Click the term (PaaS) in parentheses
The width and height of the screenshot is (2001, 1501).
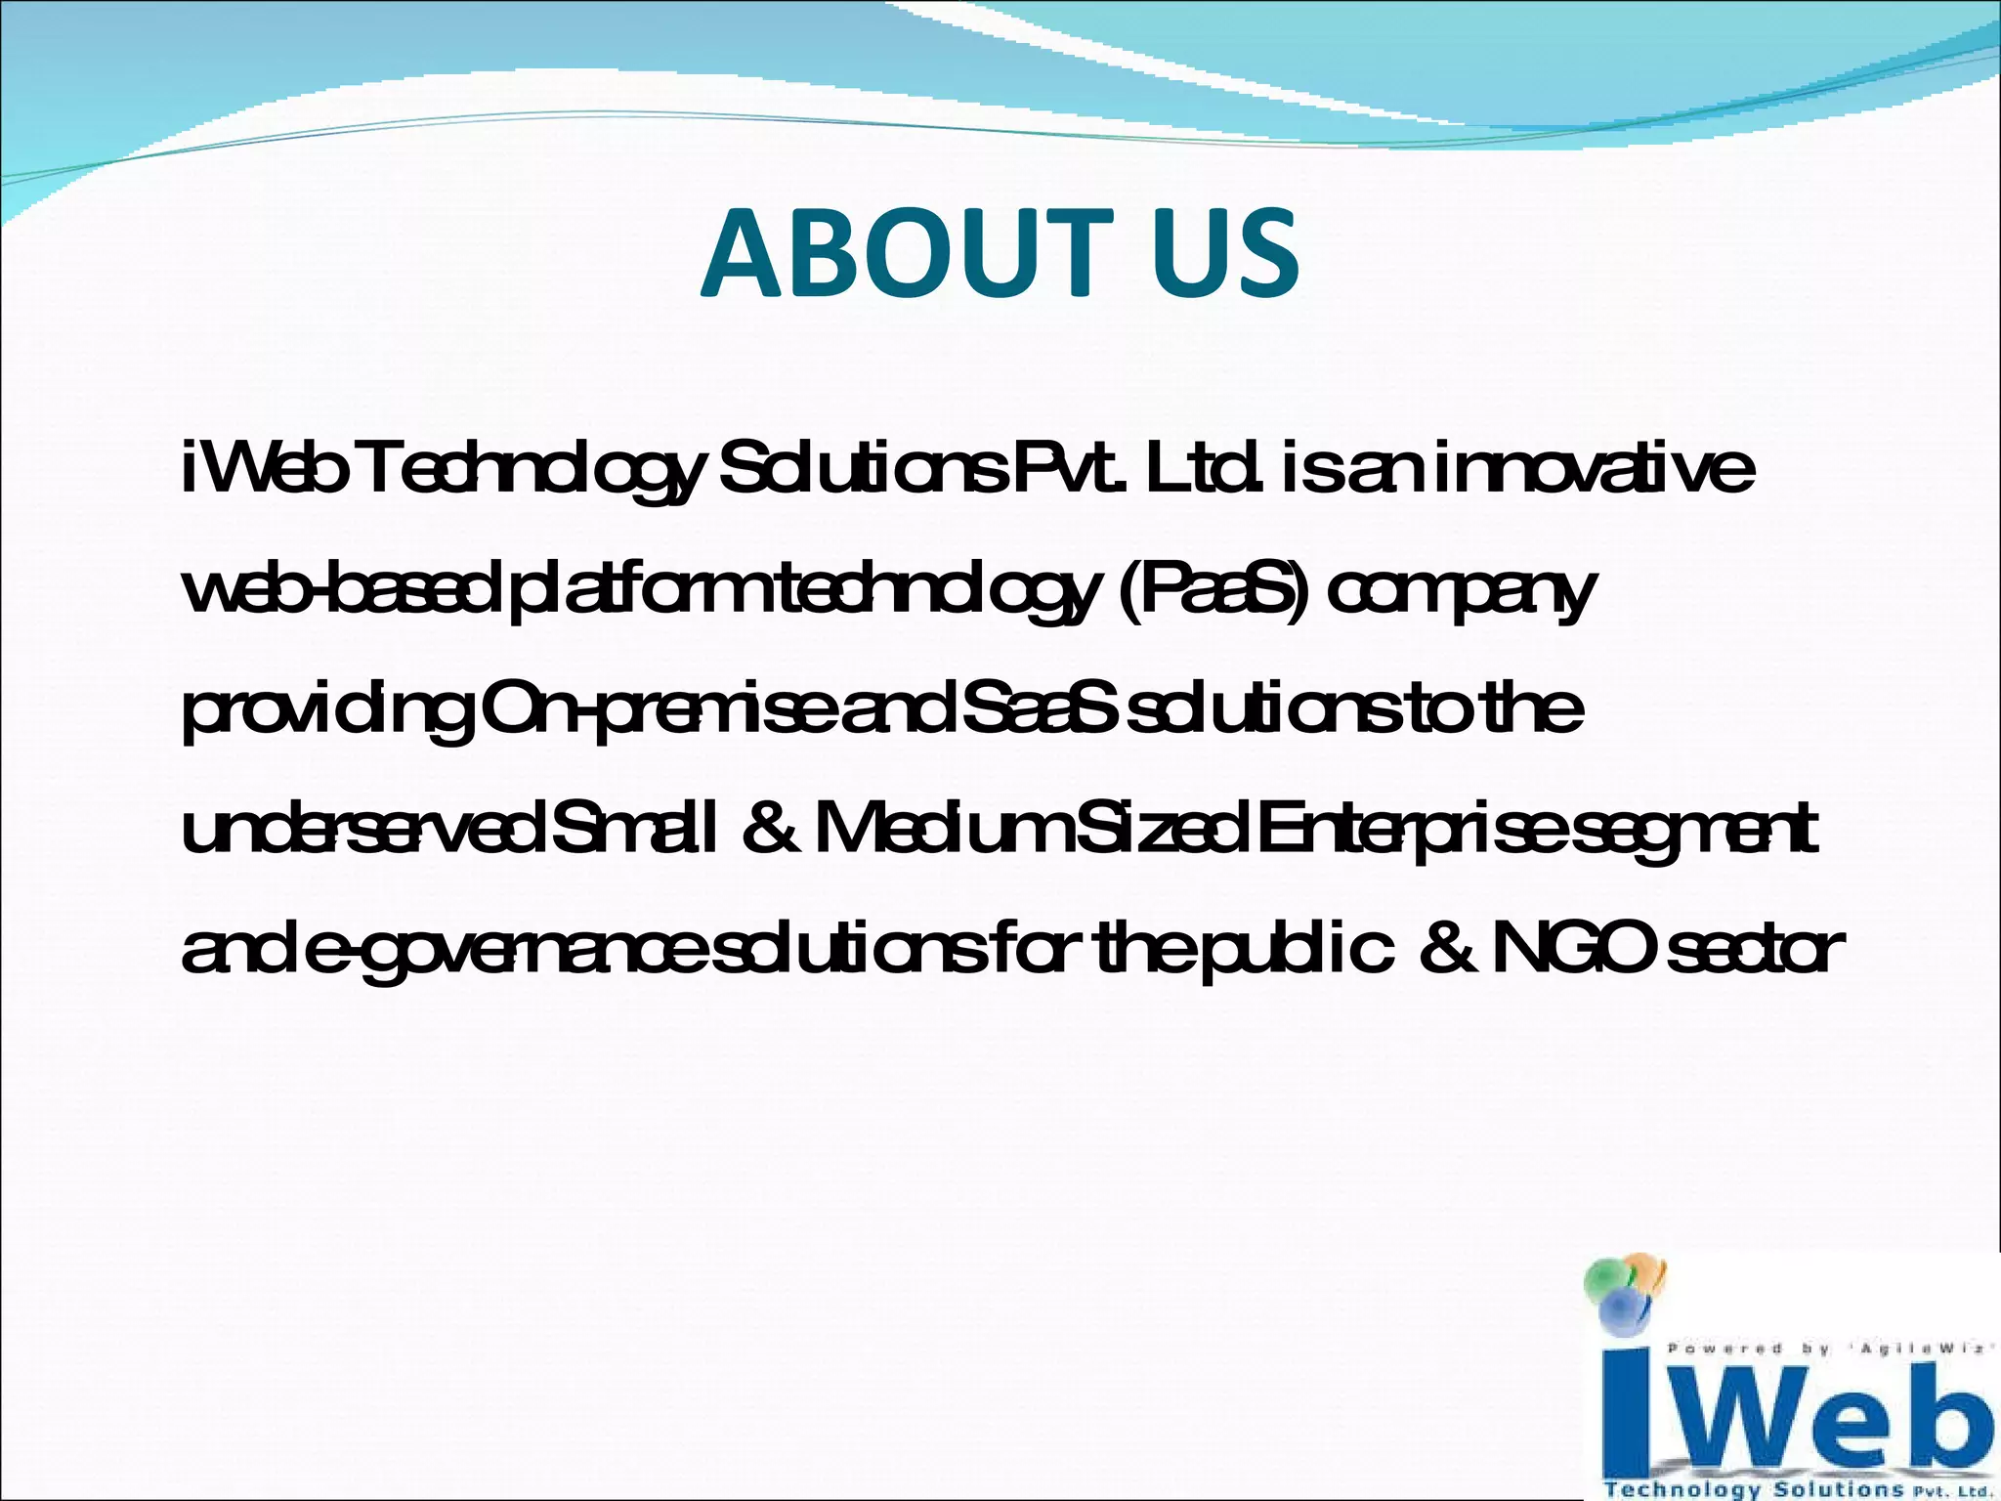point(1212,591)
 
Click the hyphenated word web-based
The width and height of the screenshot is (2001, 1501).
point(342,591)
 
